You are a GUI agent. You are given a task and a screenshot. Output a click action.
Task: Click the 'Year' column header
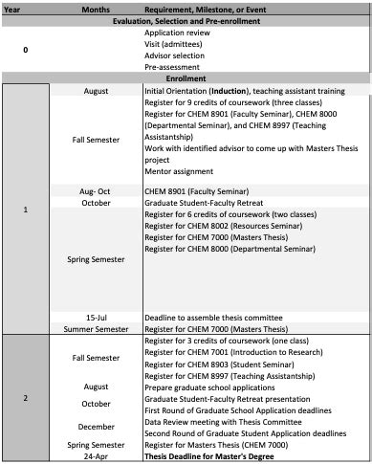[x=14, y=7]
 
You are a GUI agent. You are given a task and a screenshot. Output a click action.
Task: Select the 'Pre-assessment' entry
[x=172, y=67]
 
